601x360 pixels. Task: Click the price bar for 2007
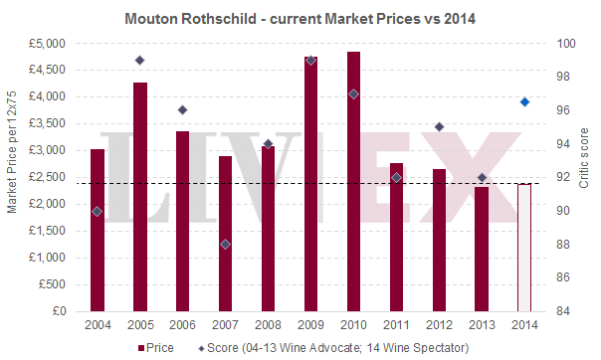pos(226,234)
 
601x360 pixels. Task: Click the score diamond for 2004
pos(98,211)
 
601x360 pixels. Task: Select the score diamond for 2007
pos(226,244)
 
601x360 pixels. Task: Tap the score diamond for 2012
pos(439,126)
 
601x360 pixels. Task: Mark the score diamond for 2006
pos(183,109)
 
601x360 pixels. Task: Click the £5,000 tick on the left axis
pos(47,44)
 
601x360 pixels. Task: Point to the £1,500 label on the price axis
pos(47,231)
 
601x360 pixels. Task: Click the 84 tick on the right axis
pos(563,311)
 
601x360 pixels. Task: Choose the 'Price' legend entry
pos(157,347)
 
